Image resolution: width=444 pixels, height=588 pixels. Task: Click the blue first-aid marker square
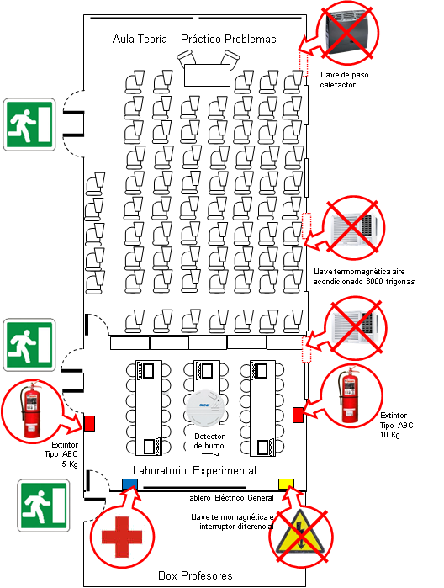[x=129, y=485]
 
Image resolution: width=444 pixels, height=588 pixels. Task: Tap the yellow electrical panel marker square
[x=286, y=485]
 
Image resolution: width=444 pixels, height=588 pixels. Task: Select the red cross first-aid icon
[x=122, y=537]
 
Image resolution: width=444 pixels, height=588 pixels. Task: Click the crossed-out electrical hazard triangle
[x=300, y=536]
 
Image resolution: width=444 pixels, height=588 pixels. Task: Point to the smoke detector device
[x=205, y=408]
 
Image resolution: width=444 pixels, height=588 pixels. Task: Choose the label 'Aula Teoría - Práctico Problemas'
[x=194, y=39]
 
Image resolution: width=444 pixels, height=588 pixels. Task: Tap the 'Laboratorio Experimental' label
[x=194, y=470]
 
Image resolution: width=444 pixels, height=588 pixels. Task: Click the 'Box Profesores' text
[x=195, y=575]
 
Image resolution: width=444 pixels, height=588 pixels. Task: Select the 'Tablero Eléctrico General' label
[x=230, y=498]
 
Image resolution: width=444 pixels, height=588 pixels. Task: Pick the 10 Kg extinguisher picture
[x=350, y=395]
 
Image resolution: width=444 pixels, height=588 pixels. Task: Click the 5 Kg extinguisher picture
[x=31, y=410]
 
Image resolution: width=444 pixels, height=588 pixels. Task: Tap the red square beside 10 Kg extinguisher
[x=299, y=415]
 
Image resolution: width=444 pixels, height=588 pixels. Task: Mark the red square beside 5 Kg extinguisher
[x=89, y=423]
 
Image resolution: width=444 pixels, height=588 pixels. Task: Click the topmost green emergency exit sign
[x=29, y=124]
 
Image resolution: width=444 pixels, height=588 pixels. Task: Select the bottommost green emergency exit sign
[x=44, y=505]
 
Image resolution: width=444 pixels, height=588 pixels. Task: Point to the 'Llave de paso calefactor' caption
[x=344, y=80]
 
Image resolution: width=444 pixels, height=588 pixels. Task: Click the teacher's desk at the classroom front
[x=207, y=75]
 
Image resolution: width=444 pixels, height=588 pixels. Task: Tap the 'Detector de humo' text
[x=209, y=441]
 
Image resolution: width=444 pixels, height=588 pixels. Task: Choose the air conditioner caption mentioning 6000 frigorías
[x=364, y=277]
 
